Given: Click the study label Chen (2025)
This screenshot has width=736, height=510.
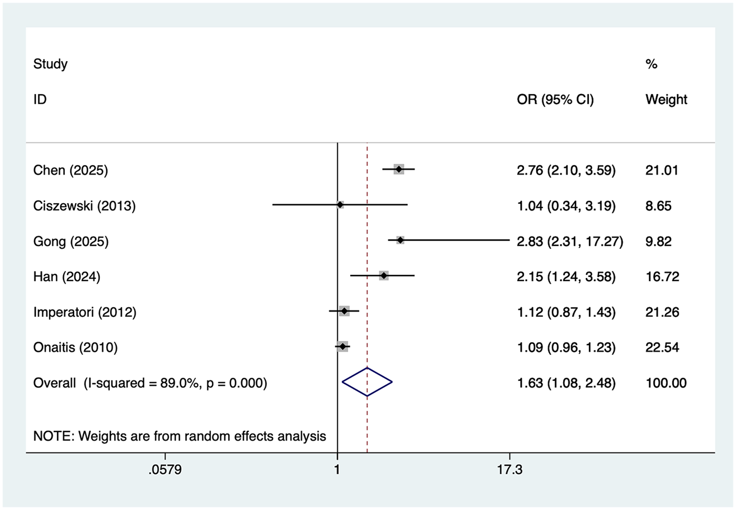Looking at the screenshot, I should click(70, 171).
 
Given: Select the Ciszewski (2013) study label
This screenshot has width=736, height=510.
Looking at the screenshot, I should click(84, 206).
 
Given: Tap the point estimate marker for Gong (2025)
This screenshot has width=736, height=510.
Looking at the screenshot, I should click(400, 240).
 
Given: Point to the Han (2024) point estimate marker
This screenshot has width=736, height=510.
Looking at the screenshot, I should click(384, 275).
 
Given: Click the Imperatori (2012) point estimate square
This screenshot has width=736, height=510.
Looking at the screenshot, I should click(344, 311).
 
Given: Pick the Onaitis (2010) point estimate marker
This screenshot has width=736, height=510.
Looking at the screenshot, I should click(343, 346).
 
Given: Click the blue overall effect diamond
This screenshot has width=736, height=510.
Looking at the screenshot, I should click(367, 382).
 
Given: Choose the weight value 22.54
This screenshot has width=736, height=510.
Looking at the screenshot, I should click(662, 347).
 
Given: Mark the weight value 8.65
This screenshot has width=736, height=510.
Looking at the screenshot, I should click(658, 206).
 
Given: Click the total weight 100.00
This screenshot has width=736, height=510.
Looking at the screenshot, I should click(666, 383).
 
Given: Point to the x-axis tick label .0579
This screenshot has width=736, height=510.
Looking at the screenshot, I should click(165, 469).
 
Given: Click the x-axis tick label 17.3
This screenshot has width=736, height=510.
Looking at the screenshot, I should click(509, 469).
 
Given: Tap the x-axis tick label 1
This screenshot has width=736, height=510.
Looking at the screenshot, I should click(337, 469).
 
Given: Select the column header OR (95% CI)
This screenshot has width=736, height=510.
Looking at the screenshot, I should click(555, 99).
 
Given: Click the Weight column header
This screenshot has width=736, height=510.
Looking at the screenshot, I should click(666, 99).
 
